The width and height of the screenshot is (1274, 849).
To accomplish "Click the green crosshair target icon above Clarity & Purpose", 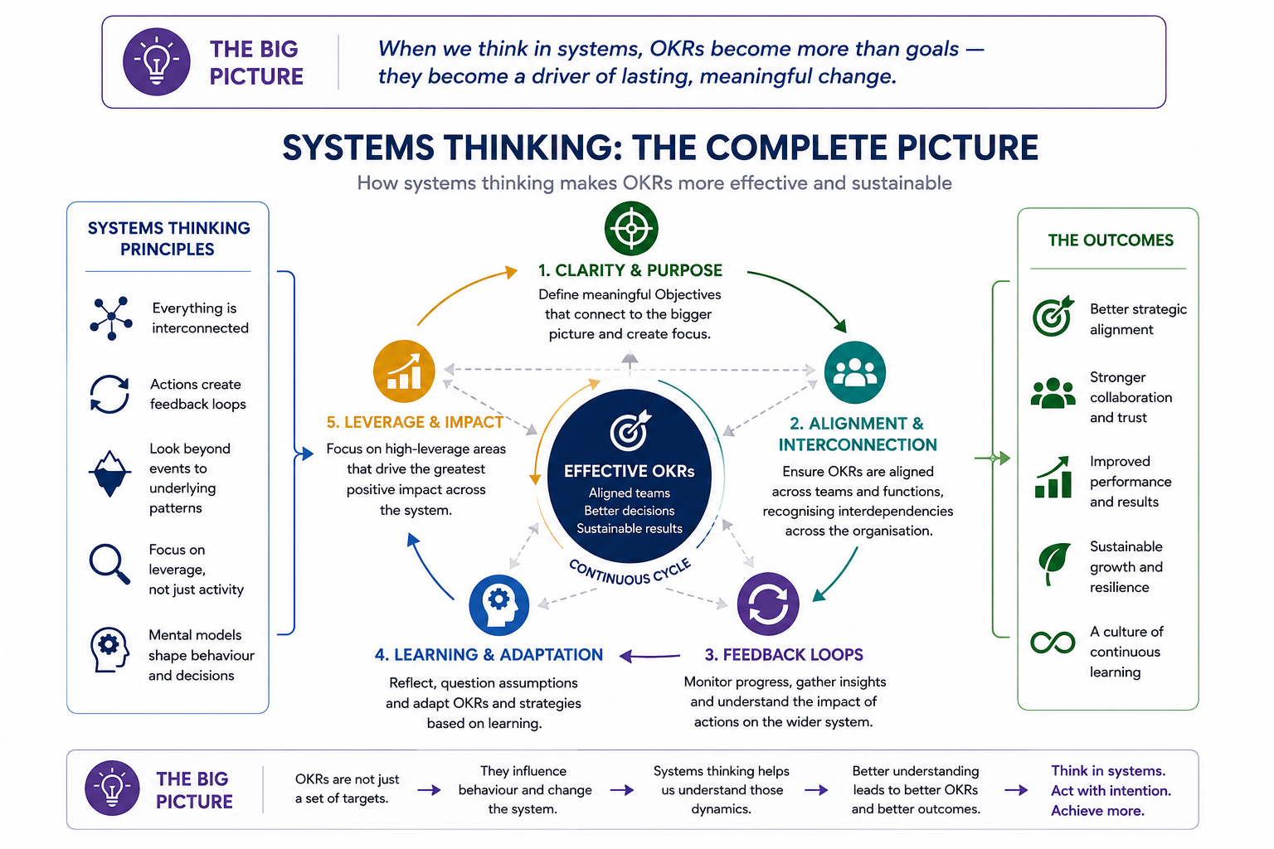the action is (x=631, y=228).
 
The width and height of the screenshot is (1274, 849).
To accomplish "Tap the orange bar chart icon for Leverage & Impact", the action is (x=404, y=371).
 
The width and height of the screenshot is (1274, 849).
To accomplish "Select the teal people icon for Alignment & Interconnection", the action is (x=855, y=372).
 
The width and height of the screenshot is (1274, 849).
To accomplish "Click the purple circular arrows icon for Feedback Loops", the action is (x=768, y=604).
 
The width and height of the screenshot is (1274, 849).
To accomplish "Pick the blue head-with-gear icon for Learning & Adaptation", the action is (x=498, y=605).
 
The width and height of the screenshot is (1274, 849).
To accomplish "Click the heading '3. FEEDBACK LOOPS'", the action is (x=784, y=654).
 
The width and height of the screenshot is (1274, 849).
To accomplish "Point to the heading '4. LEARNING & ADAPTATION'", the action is (x=489, y=654).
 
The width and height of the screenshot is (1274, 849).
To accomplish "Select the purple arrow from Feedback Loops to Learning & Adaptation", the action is (x=649, y=656).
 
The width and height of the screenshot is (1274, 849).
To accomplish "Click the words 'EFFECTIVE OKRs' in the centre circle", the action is (x=629, y=471).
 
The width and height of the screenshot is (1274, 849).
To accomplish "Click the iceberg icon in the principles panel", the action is (x=109, y=473).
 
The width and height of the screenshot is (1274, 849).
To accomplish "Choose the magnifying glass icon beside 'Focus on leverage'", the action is (x=109, y=564).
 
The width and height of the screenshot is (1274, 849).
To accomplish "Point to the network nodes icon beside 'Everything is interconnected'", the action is (x=111, y=318).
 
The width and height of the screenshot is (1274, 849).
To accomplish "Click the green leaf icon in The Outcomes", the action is (x=1054, y=563).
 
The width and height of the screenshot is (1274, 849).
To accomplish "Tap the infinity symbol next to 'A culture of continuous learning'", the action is (x=1053, y=643).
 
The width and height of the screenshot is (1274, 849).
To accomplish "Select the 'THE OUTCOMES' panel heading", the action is (x=1111, y=240).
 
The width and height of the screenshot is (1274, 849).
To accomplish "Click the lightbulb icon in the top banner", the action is (x=157, y=61).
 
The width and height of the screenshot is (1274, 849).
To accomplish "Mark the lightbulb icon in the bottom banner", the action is (x=112, y=788).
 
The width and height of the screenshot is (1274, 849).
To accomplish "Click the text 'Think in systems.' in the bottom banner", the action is (x=1108, y=770).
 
